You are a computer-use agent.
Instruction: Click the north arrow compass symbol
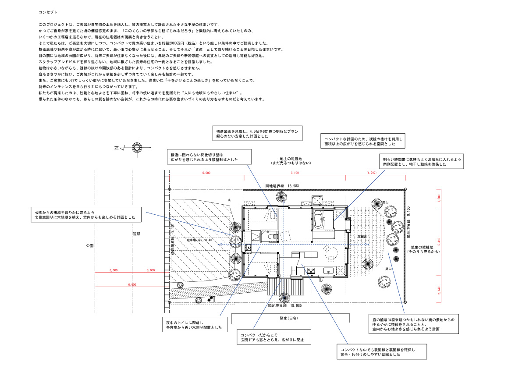coord(137,148)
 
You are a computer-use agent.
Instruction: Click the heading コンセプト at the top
coord(48,13)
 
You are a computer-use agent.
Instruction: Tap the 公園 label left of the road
coord(90,246)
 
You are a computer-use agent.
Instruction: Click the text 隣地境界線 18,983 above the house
coord(282,186)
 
